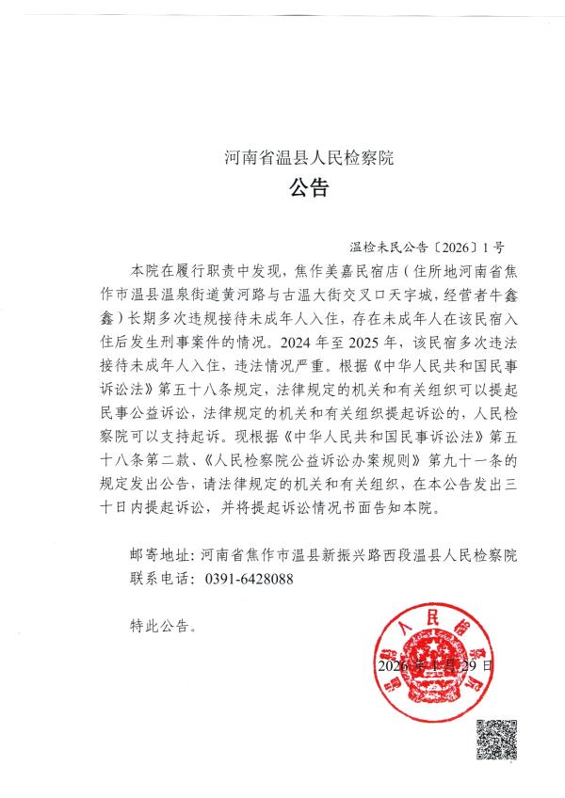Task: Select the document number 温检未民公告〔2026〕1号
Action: [x=426, y=249]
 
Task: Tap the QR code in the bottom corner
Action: [x=496, y=740]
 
